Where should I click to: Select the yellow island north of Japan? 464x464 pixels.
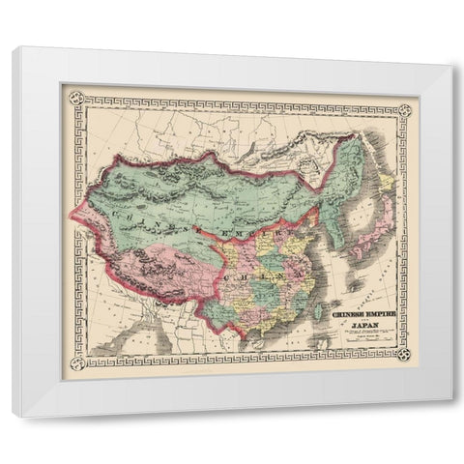click(x=386, y=182)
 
